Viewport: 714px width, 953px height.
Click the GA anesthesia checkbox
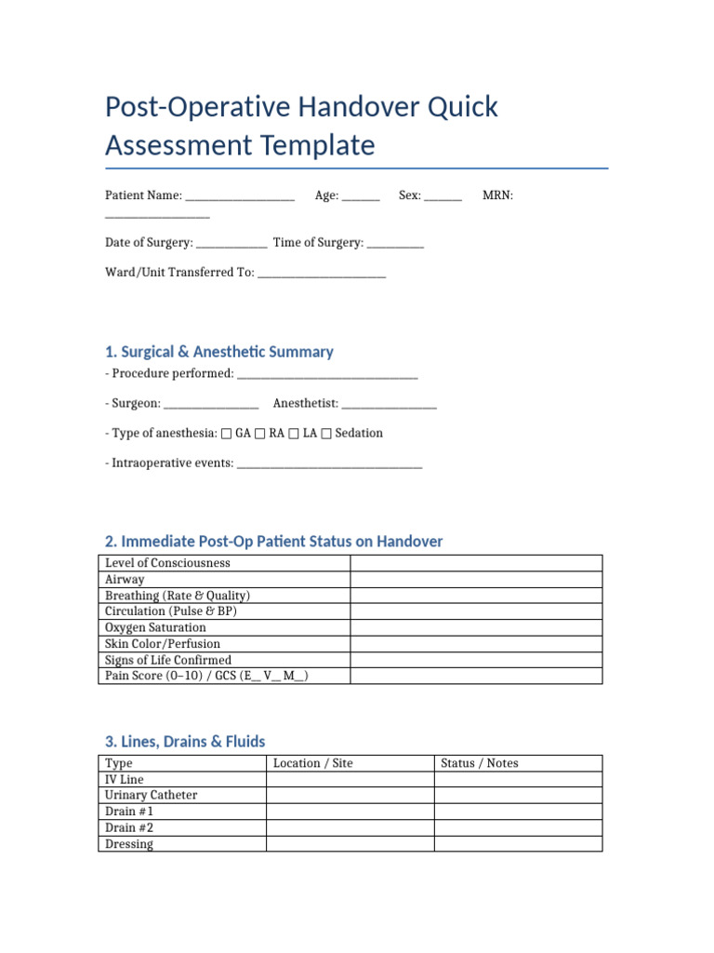point(227,434)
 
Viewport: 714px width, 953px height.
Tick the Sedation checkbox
point(325,434)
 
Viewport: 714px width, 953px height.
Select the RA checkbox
point(260,434)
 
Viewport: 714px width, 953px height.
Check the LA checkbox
point(294,434)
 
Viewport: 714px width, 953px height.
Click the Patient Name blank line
point(240,197)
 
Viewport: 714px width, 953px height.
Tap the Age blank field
point(361,197)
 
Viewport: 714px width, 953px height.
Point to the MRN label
point(497,196)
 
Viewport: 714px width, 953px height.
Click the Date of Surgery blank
point(231,245)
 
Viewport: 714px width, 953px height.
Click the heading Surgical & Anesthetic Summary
point(219,352)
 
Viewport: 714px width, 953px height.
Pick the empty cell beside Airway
point(476,579)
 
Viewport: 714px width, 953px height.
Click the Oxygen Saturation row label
point(155,627)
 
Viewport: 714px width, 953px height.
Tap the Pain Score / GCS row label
point(206,676)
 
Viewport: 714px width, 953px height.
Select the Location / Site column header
point(313,763)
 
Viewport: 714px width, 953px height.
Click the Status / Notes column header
point(480,763)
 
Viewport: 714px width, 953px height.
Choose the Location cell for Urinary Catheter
point(350,796)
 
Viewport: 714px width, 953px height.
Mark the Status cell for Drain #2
point(518,828)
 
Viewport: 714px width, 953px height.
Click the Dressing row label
point(129,844)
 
